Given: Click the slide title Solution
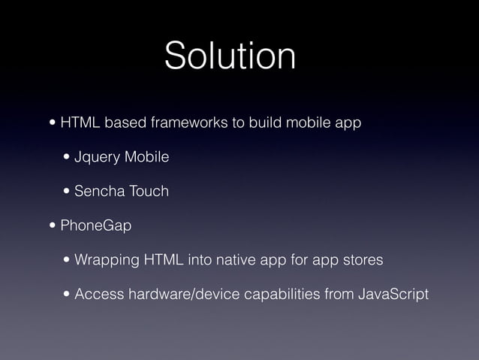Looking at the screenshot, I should click(x=230, y=56).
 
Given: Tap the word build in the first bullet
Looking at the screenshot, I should click(x=264, y=123).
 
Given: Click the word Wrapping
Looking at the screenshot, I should click(x=106, y=260).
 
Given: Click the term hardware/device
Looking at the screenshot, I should click(x=179, y=294).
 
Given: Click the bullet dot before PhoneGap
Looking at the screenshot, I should click(x=52, y=225).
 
